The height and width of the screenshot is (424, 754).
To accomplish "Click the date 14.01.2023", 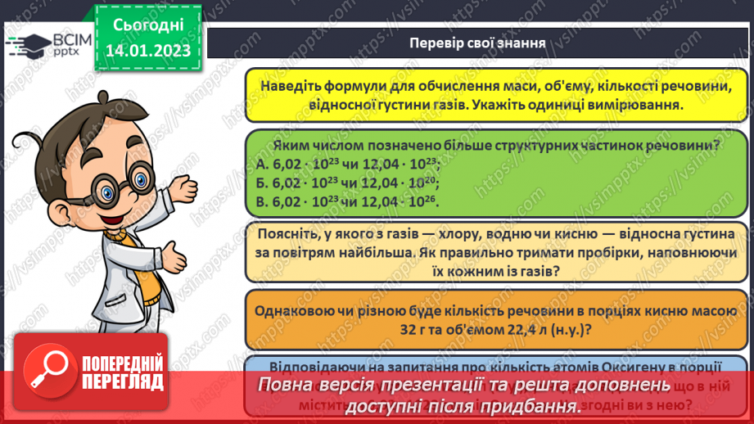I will [147, 50].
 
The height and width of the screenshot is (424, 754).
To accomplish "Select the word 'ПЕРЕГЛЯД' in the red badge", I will [123, 381].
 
